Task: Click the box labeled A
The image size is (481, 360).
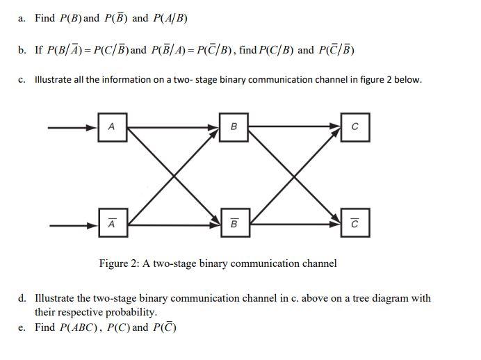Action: point(112,127)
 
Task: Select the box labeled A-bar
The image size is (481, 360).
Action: point(112,224)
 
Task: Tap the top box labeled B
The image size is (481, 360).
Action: point(234,127)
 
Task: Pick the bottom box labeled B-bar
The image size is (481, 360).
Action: point(234,224)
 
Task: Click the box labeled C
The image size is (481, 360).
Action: point(355,127)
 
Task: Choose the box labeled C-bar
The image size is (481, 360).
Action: point(355,224)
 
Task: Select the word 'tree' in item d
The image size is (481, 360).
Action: point(357,298)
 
